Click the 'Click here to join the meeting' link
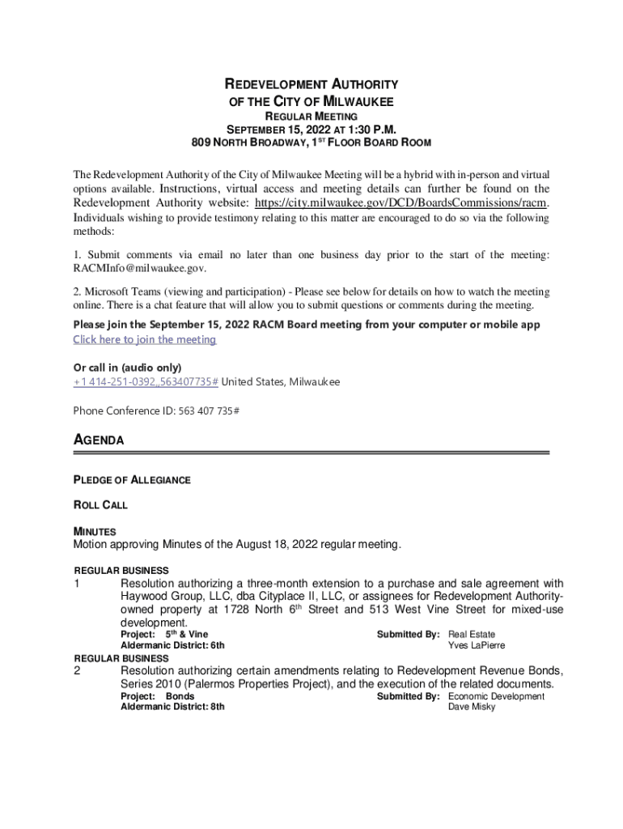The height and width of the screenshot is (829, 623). coord(145,340)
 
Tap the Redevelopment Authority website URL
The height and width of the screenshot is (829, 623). coord(402,202)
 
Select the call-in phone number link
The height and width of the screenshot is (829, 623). coord(146,381)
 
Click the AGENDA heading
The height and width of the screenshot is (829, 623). coord(99,440)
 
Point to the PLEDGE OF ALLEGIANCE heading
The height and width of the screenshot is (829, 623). coord(132,480)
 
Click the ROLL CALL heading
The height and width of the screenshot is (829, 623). coord(100,505)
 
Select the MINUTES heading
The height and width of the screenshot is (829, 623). coord(95,531)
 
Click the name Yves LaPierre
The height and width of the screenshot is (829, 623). coord(477,645)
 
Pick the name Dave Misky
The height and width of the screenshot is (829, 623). coord(473,707)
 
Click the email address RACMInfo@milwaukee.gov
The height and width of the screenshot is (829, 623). coord(140,268)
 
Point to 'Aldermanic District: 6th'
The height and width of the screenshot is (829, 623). coord(172,645)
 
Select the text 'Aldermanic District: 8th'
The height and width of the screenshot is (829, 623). coord(172,707)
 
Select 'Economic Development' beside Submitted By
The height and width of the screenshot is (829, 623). coord(496,696)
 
